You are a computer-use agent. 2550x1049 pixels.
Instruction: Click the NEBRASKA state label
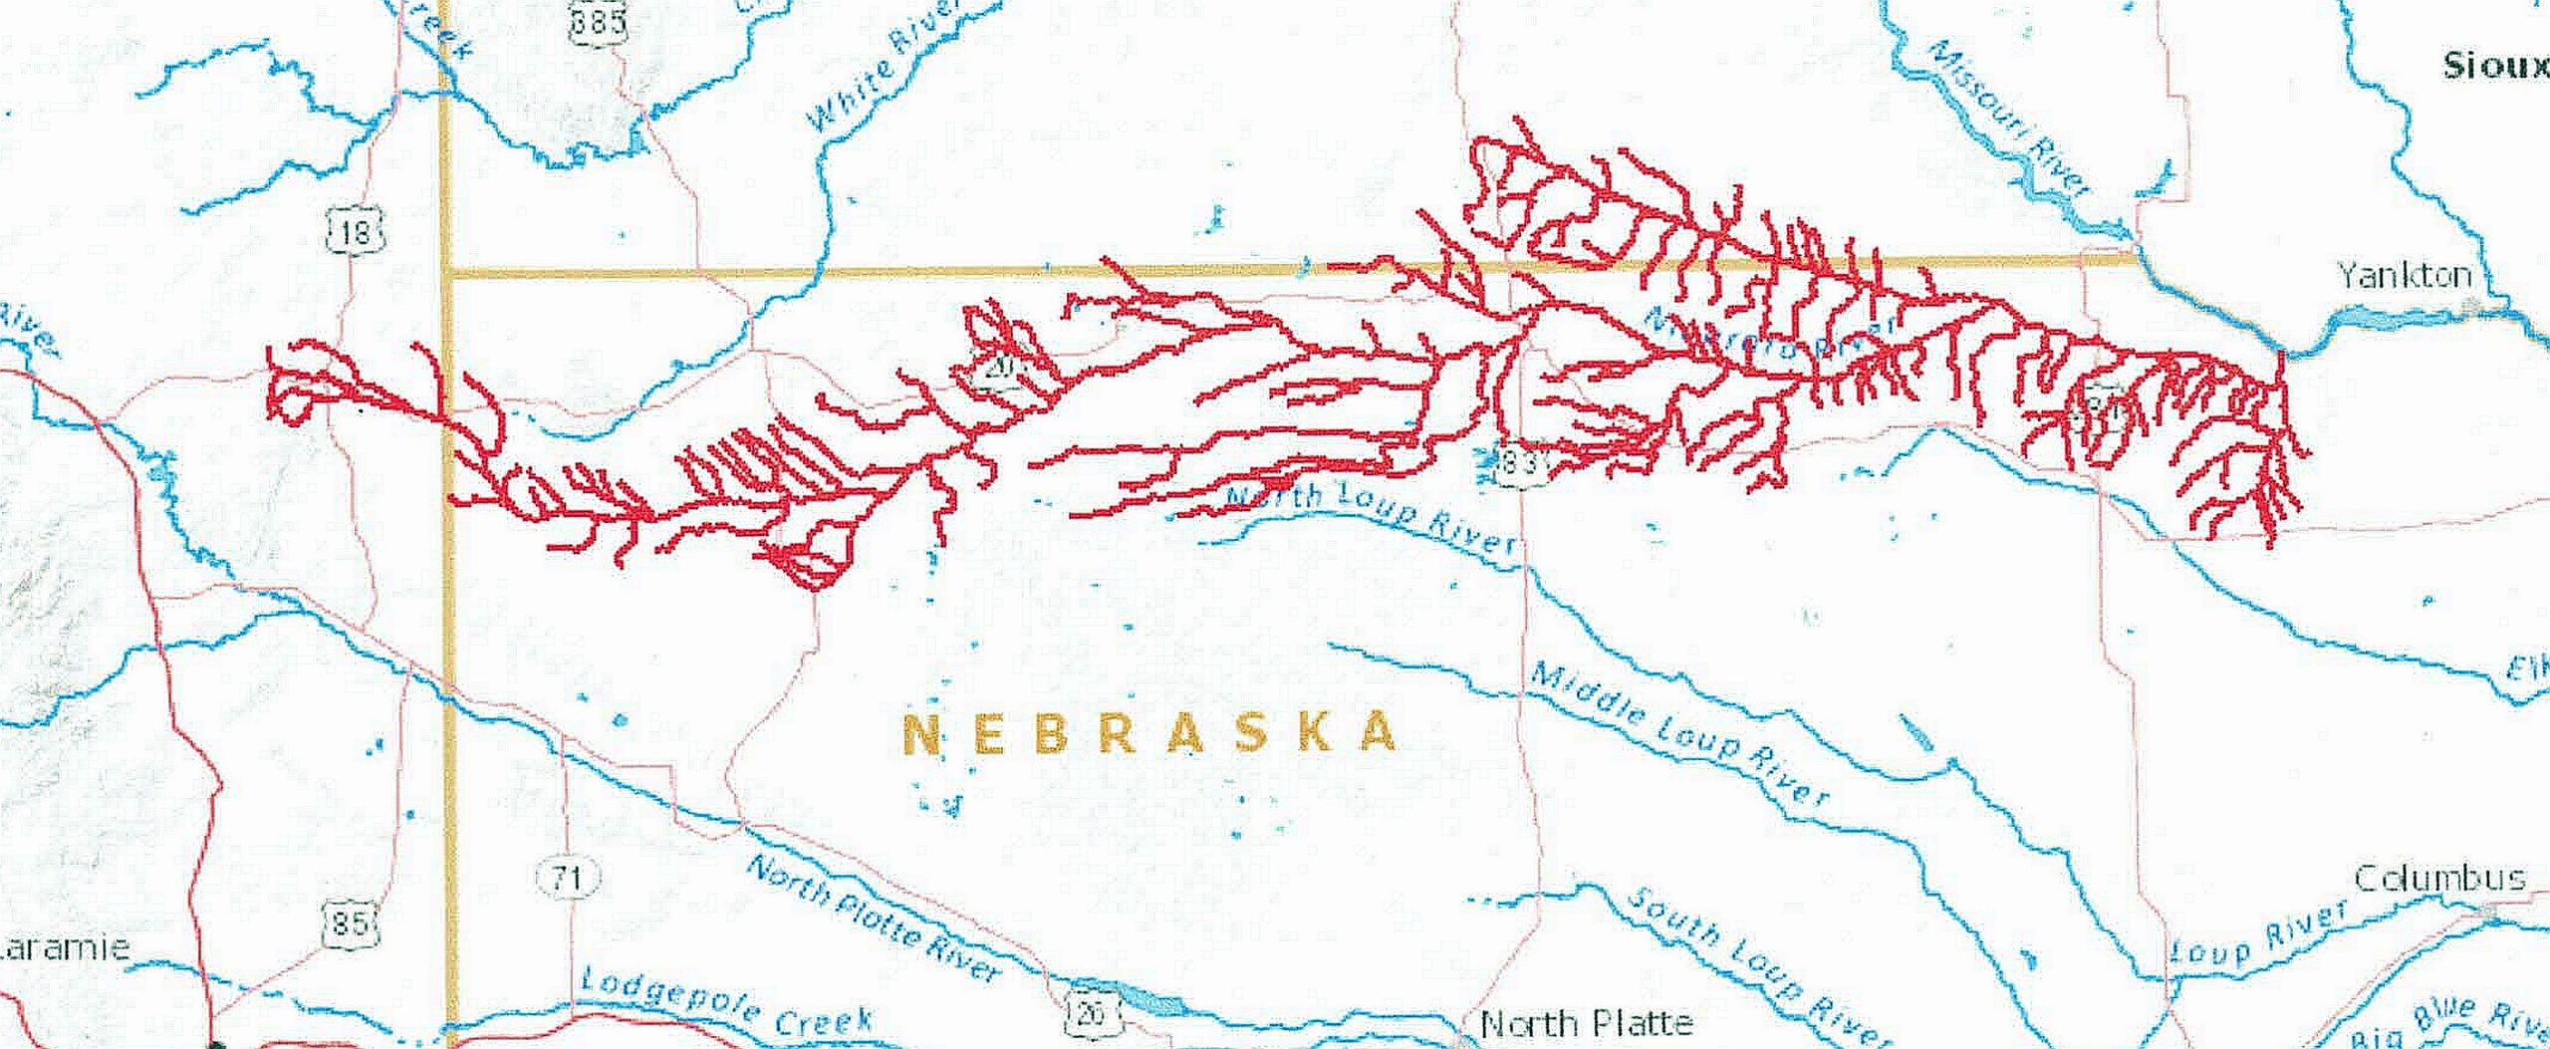(1150, 734)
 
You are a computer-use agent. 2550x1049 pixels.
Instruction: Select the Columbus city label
(2439, 879)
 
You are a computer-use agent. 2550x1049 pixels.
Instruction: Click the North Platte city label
(1586, 1023)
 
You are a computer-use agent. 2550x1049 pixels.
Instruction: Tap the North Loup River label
(1370, 518)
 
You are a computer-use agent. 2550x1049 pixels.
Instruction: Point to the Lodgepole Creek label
(726, 1003)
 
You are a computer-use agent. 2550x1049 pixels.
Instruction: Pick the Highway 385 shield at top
(598, 20)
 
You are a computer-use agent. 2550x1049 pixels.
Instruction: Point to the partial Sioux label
(2494, 67)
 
